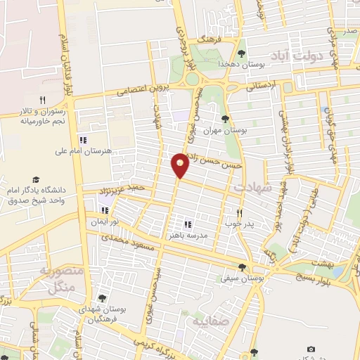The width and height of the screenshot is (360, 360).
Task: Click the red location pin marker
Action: point(181,164)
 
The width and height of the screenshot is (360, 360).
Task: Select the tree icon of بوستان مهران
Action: point(225,118)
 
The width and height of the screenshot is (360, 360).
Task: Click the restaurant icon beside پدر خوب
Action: point(239,213)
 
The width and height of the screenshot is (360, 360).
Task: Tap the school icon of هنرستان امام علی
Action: point(84,139)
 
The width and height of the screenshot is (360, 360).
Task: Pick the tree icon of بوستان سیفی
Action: point(243,267)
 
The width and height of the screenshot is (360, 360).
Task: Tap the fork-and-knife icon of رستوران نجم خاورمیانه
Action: point(42,100)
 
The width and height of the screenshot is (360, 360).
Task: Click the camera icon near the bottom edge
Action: point(311,349)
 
